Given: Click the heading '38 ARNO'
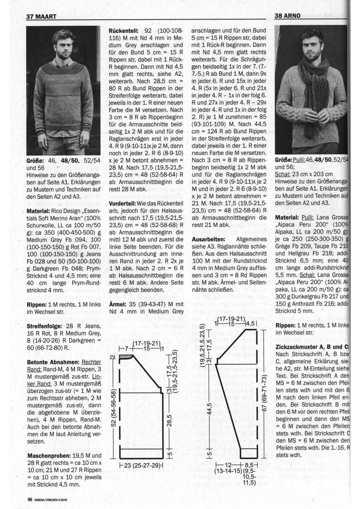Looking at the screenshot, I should (x=288, y=16).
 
